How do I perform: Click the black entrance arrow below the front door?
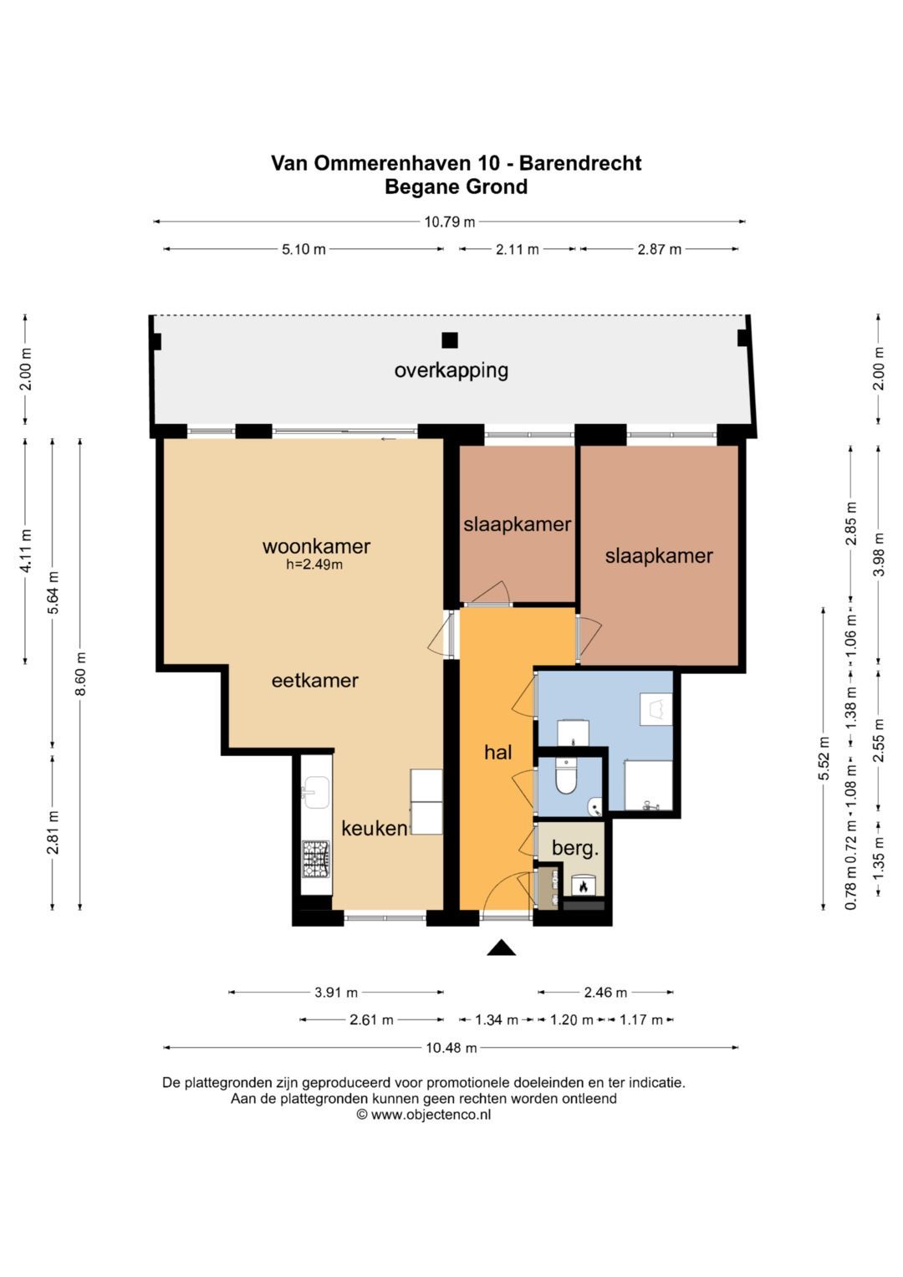click(501, 947)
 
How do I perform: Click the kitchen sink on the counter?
click(316, 792)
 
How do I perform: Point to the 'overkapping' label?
click(451, 371)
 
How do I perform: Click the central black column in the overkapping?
click(450, 340)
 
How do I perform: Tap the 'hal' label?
click(497, 753)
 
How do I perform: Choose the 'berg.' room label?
click(575, 849)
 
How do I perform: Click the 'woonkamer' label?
click(316, 546)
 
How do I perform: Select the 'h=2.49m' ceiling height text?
click(314, 565)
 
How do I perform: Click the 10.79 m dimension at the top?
click(449, 222)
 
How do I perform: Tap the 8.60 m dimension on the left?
click(80, 673)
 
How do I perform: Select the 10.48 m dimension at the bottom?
click(451, 1047)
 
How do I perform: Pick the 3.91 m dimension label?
click(336, 993)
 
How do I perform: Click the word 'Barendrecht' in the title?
click(580, 163)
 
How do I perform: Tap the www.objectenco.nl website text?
click(431, 1115)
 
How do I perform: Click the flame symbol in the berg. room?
click(583, 886)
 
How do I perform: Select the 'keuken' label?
click(375, 829)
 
